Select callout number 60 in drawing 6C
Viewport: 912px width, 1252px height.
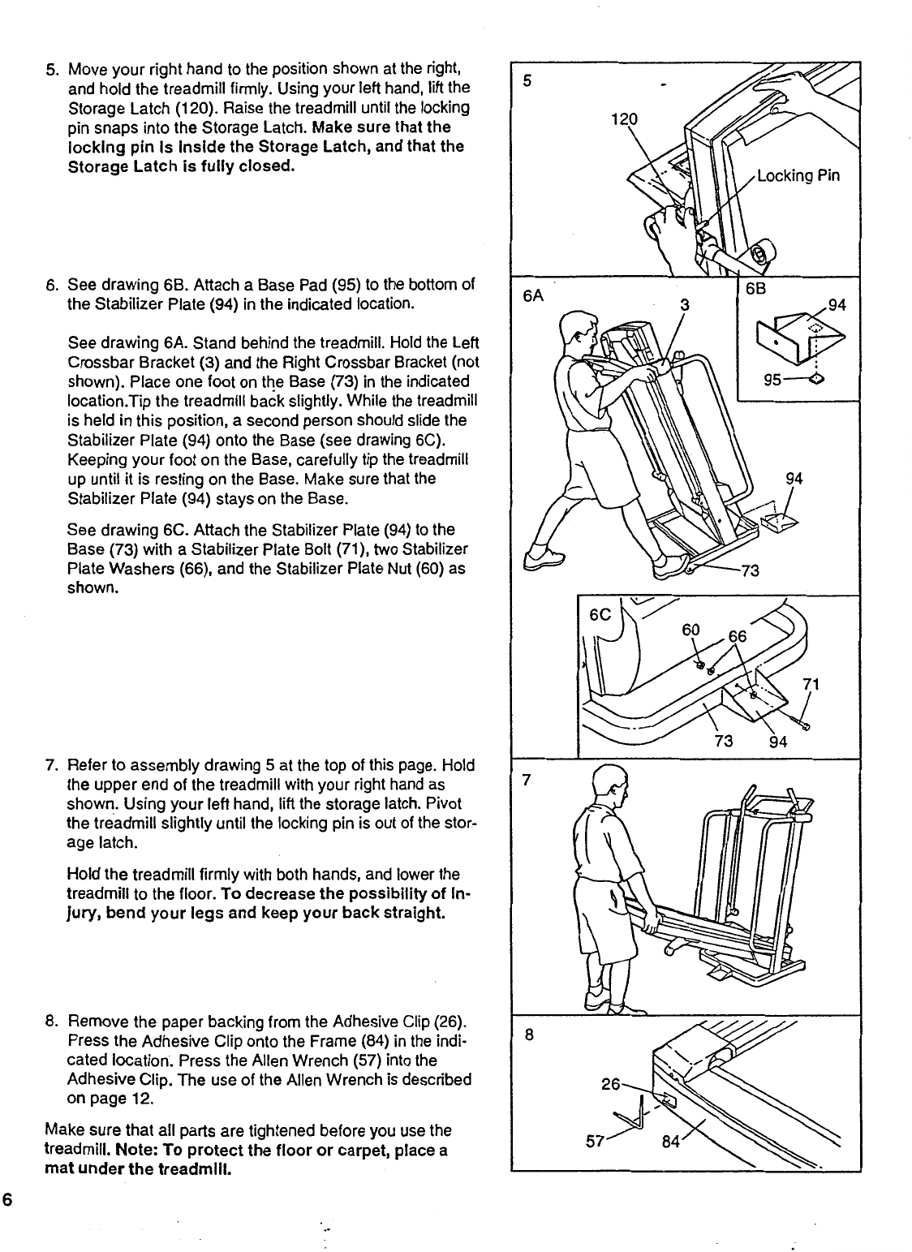click(690, 629)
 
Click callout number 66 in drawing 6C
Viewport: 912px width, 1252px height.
click(738, 638)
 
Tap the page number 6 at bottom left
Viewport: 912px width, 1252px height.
click(6, 1202)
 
